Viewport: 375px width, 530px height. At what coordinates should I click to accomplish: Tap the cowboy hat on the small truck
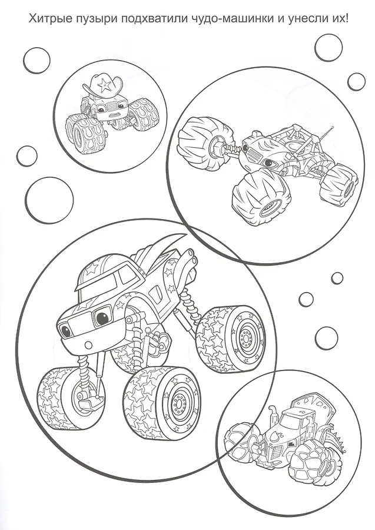coord(104,86)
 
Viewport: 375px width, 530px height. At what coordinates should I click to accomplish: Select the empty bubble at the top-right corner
coord(328,48)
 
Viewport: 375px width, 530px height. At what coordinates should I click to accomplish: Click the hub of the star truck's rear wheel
coord(248,337)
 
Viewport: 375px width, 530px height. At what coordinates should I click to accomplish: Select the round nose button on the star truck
coord(88,345)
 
